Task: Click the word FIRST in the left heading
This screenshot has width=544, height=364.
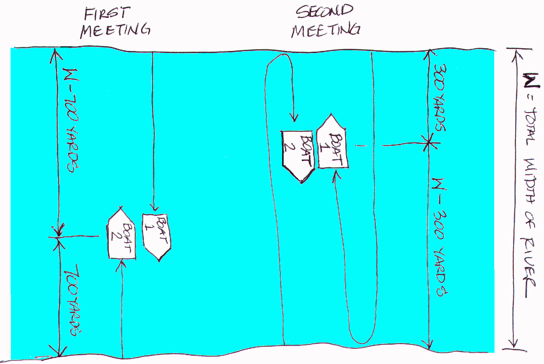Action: pyautogui.click(x=107, y=14)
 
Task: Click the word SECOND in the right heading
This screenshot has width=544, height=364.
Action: pyautogui.click(x=324, y=12)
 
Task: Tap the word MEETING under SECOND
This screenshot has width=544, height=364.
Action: pyautogui.click(x=326, y=30)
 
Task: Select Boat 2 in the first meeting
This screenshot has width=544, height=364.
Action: pyautogui.click(x=121, y=233)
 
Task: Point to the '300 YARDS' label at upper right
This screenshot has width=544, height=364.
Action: pyautogui.click(x=439, y=98)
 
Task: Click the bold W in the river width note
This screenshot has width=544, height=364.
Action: pyautogui.click(x=531, y=80)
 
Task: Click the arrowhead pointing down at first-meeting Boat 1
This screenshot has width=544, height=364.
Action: pyautogui.click(x=154, y=207)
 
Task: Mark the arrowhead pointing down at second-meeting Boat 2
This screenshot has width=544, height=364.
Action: pyautogui.click(x=294, y=118)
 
